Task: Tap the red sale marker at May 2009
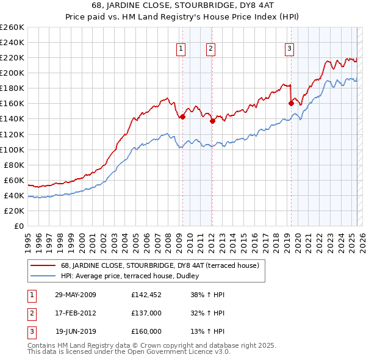pos(182,117)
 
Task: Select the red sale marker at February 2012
pos(212,121)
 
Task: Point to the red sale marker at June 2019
pos(291,103)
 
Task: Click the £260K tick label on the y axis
pos(12,27)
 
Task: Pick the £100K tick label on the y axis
pos(12,149)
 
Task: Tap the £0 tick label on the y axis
pos(18,226)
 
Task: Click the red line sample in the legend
pos(42,265)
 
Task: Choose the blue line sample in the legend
pos(42,275)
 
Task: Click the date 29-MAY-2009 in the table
pos(76,295)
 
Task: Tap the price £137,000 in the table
pos(146,313)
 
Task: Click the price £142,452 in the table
pos(146,295)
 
